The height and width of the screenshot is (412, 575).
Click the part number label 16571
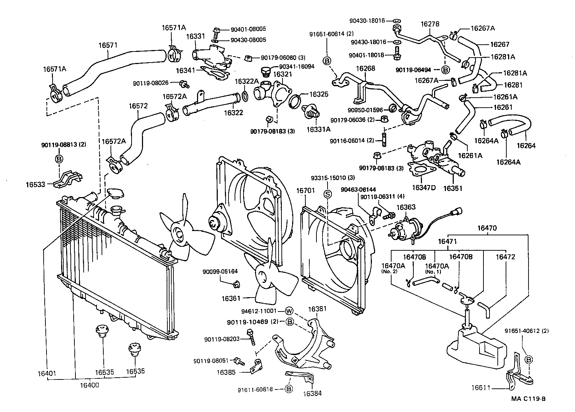pyautogui.click(x=108, y=45)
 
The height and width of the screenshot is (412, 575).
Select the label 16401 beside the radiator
pyautogui.click(x=46, y=374)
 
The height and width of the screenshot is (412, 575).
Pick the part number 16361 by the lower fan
pyautogui.click(x=231, y=298)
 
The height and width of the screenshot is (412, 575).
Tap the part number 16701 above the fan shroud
pyautogui.click(x=305, y=191)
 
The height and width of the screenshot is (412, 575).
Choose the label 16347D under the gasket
pyautogui.click(x=423, y=187)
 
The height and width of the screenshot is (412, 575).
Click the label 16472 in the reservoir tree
pyautogui.click(x=505, y=257)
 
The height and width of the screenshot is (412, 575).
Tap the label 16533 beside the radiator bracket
pyautogui.click(x=35, y=185)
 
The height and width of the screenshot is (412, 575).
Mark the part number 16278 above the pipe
pyautogui.click(x=430, y=24)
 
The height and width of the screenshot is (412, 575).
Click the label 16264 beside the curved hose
pyautogui.click(x=526, y=146)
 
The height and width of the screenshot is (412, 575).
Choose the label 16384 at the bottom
pyautogui.click(x=312, y=393)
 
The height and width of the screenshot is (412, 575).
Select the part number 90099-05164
pyautogui.click(x=221, y=271)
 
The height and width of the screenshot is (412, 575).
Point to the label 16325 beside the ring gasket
pyautogui.click(x=319, y=94)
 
